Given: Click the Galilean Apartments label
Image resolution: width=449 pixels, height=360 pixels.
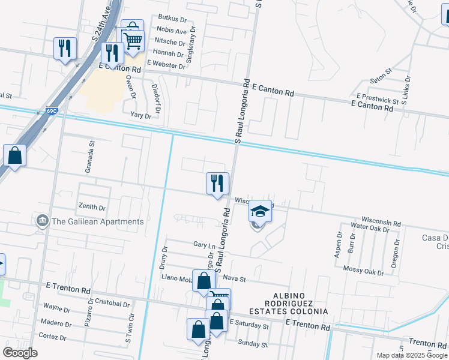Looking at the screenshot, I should (x=97, y=221).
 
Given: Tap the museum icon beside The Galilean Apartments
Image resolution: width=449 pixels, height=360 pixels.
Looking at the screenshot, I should (x=43, y=221).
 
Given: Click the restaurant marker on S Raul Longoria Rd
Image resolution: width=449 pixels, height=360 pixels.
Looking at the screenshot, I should (x=217, y=182).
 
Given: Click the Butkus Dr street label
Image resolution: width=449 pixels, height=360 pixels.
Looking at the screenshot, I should (x=172, y=19).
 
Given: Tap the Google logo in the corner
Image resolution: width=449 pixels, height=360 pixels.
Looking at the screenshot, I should (x=19, y=353).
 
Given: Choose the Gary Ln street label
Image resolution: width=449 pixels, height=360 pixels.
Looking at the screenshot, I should (x=204, y=245).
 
